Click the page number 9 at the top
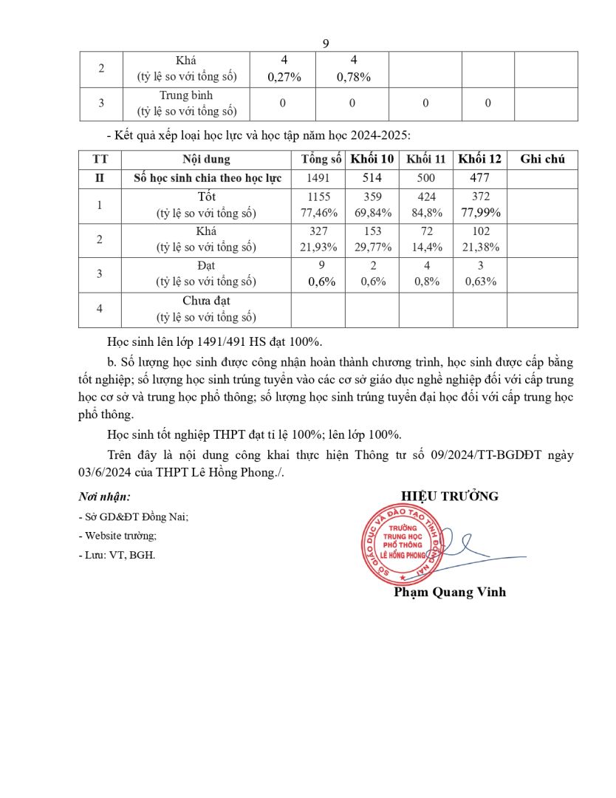coord(326,44)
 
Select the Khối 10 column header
coord(372,159)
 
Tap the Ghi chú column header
coord(542,159)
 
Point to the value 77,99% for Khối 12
coord(480,213)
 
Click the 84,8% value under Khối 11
coord(426,214)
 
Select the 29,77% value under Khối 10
coord(373,248)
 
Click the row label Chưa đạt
coord(206,300)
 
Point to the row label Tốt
coord(206,197)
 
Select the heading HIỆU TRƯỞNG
coord(450,496)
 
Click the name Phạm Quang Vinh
coord(450,592)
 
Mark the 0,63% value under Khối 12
coord(480,282)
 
